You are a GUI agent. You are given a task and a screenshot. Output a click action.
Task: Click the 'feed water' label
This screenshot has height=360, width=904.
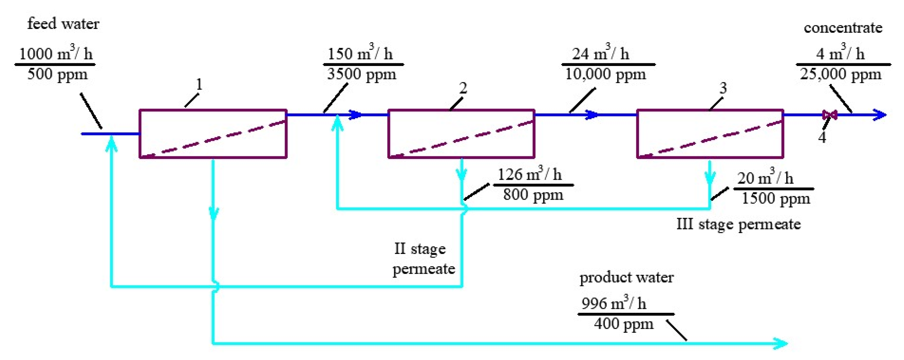click(63, 24)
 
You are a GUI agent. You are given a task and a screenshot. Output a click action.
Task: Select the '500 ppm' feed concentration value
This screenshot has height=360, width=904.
click(57, 74)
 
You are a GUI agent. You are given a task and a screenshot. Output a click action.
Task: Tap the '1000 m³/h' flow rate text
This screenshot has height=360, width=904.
click(56, 54)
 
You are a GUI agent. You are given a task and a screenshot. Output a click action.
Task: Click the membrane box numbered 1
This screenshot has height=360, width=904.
click(213, 134)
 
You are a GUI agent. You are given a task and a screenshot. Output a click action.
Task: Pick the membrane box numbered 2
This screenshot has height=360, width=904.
click(461, 134)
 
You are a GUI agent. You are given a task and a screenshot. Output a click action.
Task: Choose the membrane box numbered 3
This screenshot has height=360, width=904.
click(710, 134)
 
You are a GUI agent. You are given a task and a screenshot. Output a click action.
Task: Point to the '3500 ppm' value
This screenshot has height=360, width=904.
click(361, 74)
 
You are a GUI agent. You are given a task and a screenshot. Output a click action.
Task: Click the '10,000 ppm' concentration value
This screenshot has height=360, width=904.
click(605, 74)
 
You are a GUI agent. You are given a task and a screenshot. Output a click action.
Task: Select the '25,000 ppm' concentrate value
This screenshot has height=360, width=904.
click(840, 74)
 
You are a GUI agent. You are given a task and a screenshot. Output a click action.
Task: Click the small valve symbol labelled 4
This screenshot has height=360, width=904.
click(830, 115)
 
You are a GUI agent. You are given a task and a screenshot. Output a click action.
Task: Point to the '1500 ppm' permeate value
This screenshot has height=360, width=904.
click(776, 199)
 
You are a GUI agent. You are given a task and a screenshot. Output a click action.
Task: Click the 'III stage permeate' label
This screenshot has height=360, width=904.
click(738, 224)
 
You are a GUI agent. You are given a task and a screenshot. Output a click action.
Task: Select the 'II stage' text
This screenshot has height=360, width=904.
click(420, 249)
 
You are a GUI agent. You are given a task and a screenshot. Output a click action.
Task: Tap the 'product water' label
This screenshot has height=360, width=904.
click(626, 277)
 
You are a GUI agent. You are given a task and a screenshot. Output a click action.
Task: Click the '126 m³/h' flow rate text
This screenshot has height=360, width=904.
click(529, 174)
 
